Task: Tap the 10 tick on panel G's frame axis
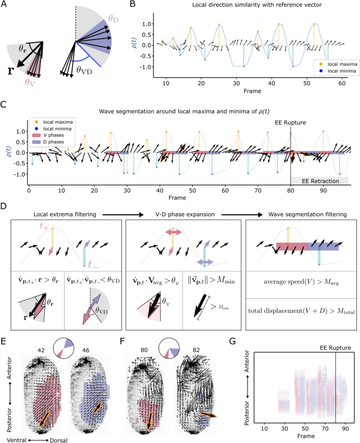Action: coord(264,429)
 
